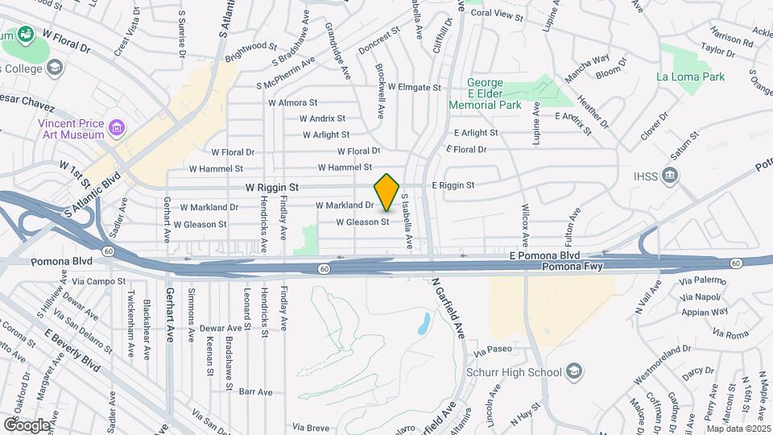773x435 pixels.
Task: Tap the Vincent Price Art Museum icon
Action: pyautogui.click(x=118, y=127)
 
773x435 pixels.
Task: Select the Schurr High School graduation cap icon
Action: pyautogui.click(x=574, y=371)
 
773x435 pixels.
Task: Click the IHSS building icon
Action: pyautogui.click(x=672, y=176)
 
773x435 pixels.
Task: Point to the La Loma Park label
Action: pyautogui.click(x=690, y=77)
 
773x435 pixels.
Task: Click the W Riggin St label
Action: pyautogui.click(x=272, y=187)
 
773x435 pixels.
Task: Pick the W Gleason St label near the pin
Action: pyautogui.click(x=362, y=222)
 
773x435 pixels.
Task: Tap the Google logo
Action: pyautogui.click(x=26, y=425)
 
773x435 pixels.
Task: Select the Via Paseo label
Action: pyautogui.click(x=493, y=350)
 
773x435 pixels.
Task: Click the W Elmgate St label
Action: pyautogui.click(x=414, y=87)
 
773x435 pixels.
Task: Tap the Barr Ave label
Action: pyautogui.click(x=256, y=391)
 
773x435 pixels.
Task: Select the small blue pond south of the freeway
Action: pyautogui.click(x=424, y=324)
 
